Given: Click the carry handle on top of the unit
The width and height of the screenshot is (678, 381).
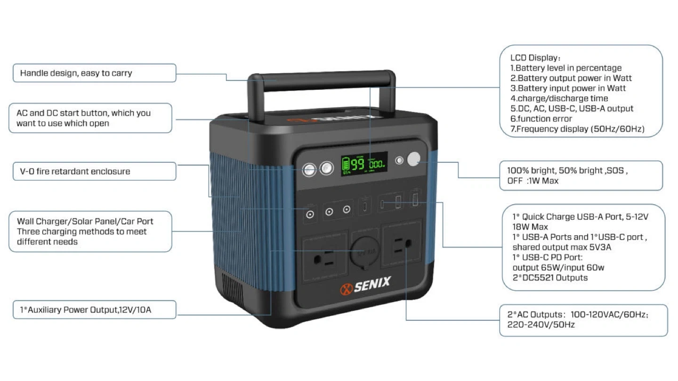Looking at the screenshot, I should pyautogui.click(x=322, y=79).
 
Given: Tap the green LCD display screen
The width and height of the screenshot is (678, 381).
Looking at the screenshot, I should pyautogui.click(x=364, y=164).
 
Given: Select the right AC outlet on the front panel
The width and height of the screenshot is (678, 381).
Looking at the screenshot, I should pyautogui.click(x=402, y=245).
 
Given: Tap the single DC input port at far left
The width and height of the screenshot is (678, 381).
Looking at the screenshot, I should pyautogui.click(x=310, y=214).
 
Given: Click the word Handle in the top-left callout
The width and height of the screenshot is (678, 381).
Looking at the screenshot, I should pyautogui.click(x=32, y=73).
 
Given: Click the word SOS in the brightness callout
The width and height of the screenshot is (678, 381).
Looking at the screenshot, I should pyautogui.click(x=616, y=171).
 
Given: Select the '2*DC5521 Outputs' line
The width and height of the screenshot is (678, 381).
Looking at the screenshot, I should pyautogui.click(x=550, y=278).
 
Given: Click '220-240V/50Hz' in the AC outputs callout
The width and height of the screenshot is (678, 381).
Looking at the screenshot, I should pyautogui.click(x=541, y=325).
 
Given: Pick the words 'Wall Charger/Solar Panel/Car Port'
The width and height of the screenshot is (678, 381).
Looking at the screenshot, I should pyautogui.click(x=85, y=222).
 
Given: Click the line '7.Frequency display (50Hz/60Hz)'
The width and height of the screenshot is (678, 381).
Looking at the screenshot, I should pyautogui.click(x=577, y=129).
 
